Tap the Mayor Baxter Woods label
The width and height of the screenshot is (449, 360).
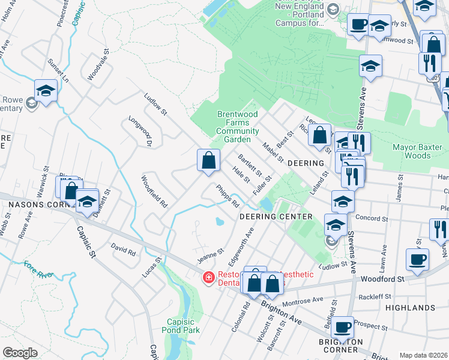click(411, 151)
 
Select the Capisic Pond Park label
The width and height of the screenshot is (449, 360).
click(180, 325)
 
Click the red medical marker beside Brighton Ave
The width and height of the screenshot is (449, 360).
click(208, 277)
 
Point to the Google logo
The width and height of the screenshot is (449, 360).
click(20, 353)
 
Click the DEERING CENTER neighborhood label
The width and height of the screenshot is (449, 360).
click(276, 216)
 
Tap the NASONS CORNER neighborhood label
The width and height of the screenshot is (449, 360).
click(34, 205)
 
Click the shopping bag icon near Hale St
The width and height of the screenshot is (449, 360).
click(208, 161)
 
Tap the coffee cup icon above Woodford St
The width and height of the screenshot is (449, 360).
click(417, 259)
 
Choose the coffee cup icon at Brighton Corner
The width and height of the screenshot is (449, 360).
click(342, 327)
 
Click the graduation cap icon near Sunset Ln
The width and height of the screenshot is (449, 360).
click(45, 91)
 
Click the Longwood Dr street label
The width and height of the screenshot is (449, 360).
click(142, 131)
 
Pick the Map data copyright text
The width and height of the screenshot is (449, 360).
click(423, 355)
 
